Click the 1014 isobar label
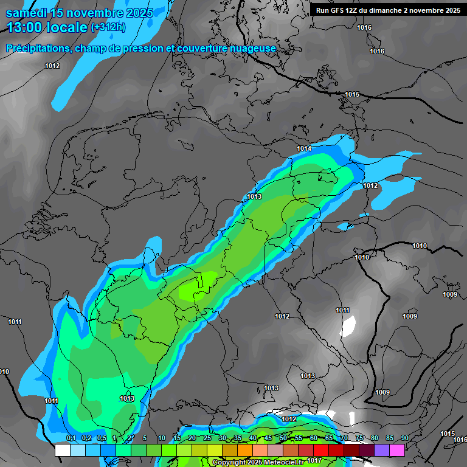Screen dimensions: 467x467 click(304, 149)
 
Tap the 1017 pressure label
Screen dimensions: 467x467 click(314, 460)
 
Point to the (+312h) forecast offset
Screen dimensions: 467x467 click(108, 27)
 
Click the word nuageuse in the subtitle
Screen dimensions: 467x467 click(255, 48)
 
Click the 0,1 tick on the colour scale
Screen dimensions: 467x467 click(71, 438)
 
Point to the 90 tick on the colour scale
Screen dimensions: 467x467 click(404, 438)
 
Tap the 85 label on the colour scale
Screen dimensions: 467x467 click(389, 438)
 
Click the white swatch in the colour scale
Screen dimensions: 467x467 click(62, 450)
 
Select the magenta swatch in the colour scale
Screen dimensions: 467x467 click(397, 450)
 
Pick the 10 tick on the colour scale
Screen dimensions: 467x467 click(162, 438)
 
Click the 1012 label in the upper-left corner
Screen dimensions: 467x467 click(52, 66)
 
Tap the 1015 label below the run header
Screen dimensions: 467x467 click(352, 94)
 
